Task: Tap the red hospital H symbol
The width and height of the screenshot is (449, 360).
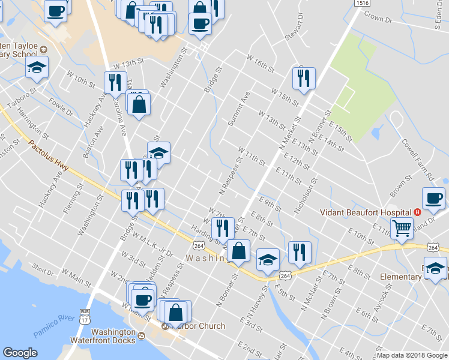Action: pyautogui.click(x=417, y=212)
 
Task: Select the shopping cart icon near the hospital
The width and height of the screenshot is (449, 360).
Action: pyautogui.click(x=402, y=227)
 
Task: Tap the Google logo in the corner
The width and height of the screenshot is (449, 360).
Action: pyautogui.click(x=20, y=353)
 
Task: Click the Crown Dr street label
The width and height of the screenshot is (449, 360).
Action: pyautogui.click(x=378, y=19)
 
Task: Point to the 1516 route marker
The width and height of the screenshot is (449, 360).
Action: pyautogui.click(x=361, y=3)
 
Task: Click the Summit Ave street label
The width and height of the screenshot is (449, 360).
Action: pyautogui.click(x=238, y=109)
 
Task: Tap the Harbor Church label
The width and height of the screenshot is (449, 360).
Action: pyautogui.click(x=198, y=326)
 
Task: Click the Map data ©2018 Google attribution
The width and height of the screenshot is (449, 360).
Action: pyautogui.click(x=411, y=355)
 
